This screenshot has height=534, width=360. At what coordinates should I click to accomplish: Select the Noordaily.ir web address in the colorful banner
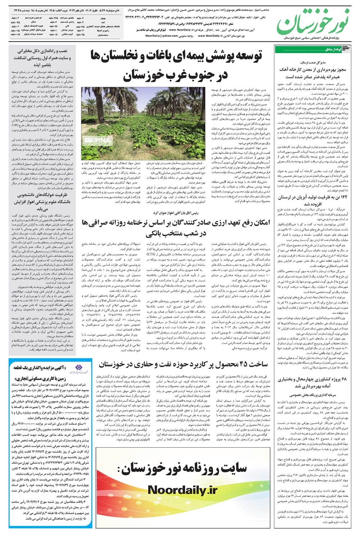182,490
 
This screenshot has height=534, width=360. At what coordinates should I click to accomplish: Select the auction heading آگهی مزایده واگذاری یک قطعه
40,368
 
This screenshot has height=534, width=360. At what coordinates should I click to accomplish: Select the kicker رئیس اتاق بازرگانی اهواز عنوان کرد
176,213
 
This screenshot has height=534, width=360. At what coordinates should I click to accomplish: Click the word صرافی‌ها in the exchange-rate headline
91,223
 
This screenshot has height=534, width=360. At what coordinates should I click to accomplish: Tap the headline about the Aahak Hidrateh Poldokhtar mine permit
312,73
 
